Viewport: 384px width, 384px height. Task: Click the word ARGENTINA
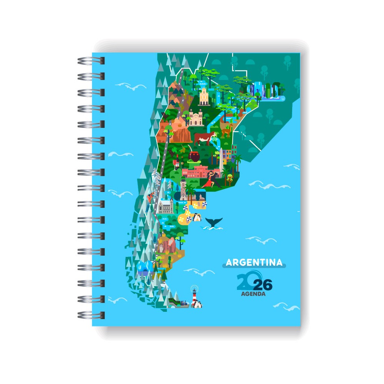[x=254, y=263]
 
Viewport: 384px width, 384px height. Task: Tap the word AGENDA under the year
[x=254, y=295]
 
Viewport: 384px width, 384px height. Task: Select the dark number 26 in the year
[x=263, y=285]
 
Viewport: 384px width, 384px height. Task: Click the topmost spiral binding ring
[x=91, y=61]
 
